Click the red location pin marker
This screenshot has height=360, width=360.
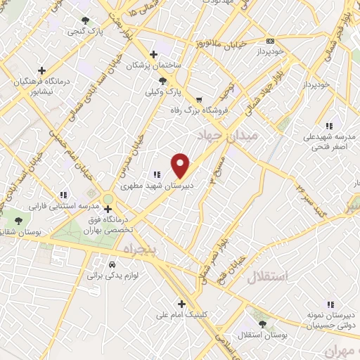pos(181,165)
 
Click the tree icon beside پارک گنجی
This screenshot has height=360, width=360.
pos(86,20)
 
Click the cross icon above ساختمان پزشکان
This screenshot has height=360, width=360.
pos(153,54)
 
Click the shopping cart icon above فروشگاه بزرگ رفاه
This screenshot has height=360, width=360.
pos(200,99)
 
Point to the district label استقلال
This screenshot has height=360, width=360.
pos(267,276)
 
